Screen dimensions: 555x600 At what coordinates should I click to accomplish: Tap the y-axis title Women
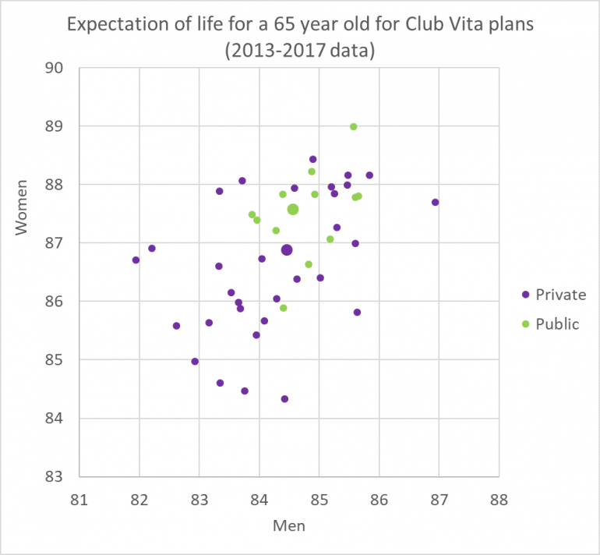point(23,207)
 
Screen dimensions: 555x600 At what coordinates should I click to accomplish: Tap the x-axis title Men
point(288,525)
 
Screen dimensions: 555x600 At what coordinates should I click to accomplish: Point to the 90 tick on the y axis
point(54,68)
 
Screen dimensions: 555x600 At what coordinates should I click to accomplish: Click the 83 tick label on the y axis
point(54,476)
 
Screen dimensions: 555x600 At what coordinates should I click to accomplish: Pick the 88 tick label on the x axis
point(499,497)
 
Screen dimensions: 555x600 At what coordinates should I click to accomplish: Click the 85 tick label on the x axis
point(319,497)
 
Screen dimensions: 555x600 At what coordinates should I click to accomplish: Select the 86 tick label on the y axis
point(54,302)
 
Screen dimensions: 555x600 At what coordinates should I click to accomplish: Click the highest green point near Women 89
point(353,126)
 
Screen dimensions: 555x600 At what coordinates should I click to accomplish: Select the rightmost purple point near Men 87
point(435,203)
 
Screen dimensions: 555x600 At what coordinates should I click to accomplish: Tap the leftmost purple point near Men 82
point(136,260)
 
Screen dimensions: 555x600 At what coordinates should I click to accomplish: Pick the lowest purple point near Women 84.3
point(284,399)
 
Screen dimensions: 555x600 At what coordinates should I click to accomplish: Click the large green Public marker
point(293,209)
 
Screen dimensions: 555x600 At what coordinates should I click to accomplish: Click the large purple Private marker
point(287,249)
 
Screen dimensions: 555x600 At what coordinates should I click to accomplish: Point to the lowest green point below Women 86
point(283,308)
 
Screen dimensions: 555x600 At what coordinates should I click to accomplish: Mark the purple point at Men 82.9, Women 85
point(195,362)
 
